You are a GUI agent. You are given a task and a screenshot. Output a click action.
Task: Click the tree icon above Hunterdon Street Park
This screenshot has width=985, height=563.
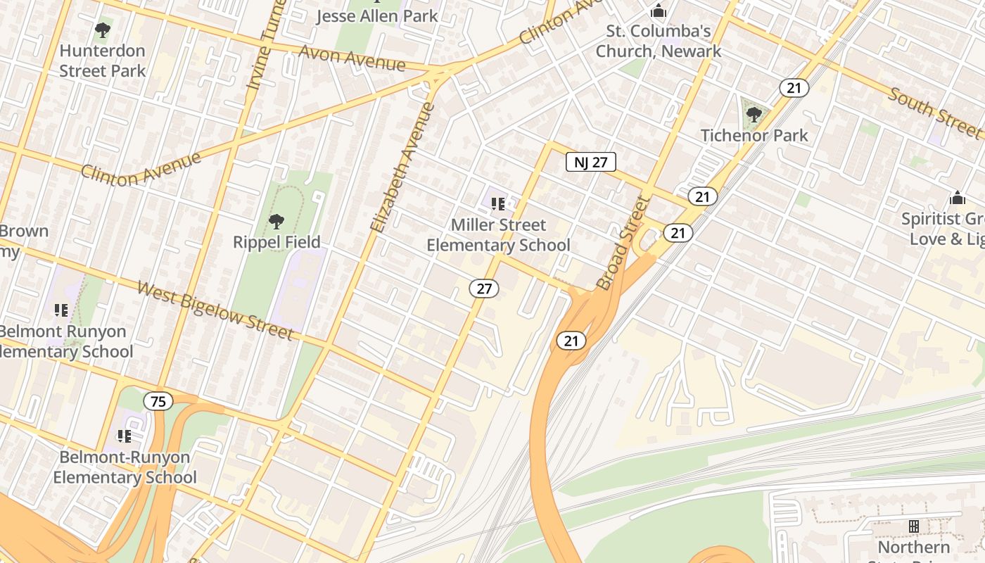pos(103,30)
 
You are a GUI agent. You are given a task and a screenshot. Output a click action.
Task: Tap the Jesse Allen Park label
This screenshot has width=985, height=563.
pos(376,15)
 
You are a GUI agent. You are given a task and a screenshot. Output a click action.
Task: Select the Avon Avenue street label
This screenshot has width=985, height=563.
pos(352,58)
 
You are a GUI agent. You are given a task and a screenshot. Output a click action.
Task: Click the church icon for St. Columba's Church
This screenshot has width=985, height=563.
pos(659,11)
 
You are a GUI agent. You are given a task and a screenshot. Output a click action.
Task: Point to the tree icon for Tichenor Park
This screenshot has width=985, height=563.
pos(754,114)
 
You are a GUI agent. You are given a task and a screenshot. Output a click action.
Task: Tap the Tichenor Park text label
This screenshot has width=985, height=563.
pos(754,135)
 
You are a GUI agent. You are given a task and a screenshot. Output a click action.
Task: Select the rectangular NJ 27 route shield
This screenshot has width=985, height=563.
pos(591,163)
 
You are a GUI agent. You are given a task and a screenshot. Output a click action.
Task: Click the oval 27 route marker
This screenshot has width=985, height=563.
pos(484,288)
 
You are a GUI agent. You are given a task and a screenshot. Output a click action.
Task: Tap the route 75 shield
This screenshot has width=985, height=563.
pos(158,402)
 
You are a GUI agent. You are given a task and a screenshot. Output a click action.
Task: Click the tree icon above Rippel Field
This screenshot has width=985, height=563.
pos(277,222)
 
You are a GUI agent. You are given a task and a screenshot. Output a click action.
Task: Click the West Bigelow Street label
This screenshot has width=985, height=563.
pos(215,310)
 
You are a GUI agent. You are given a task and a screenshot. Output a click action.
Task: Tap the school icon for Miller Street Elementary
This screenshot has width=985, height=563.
pos(498,204)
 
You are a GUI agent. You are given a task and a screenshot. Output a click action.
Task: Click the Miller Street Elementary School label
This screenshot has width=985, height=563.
pos(498,235)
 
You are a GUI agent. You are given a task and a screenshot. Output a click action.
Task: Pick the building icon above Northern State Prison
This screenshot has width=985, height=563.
pos(913,526)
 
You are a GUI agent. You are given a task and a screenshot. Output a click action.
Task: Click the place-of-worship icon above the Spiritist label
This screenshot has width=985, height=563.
pos(957,198)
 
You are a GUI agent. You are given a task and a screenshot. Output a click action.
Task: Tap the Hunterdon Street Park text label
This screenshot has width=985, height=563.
pos(103,61)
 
